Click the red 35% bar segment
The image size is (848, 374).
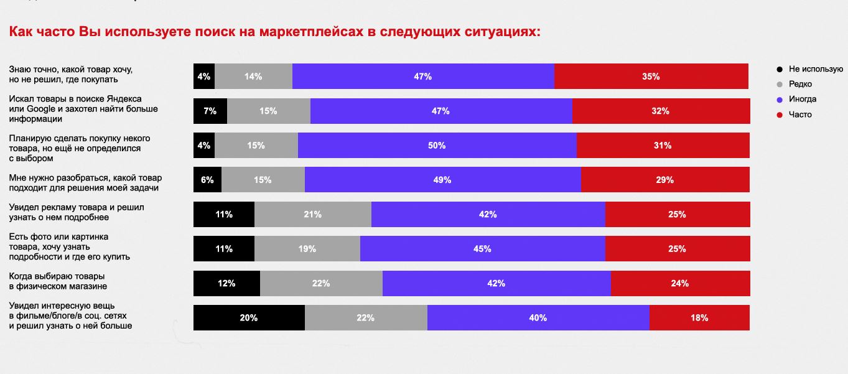click(x=651, y=77)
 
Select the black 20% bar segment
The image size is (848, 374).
click(x=249, y=317)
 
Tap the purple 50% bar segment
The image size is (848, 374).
click(x=437, y=146)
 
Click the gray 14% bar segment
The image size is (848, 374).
click(x=253, y=77)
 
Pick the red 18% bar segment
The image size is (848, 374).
click(x=699, y=317)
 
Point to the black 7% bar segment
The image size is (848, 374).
click(x=210, y=111)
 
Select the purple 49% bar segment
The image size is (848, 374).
click(x=442, y=180)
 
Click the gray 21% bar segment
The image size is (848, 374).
click(x=312, y=214)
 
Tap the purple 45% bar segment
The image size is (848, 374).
click(x=482, y=248)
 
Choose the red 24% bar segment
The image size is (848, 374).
click(x=680, y=283)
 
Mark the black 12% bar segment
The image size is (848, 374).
click(x=226, y=283)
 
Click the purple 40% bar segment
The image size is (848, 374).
click(x=538, y=317)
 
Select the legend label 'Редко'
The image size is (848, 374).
click(x=800, y=84)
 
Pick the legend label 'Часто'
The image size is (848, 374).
click(x=800, y=115)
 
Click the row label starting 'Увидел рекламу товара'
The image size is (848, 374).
click(x=77, y=212)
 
